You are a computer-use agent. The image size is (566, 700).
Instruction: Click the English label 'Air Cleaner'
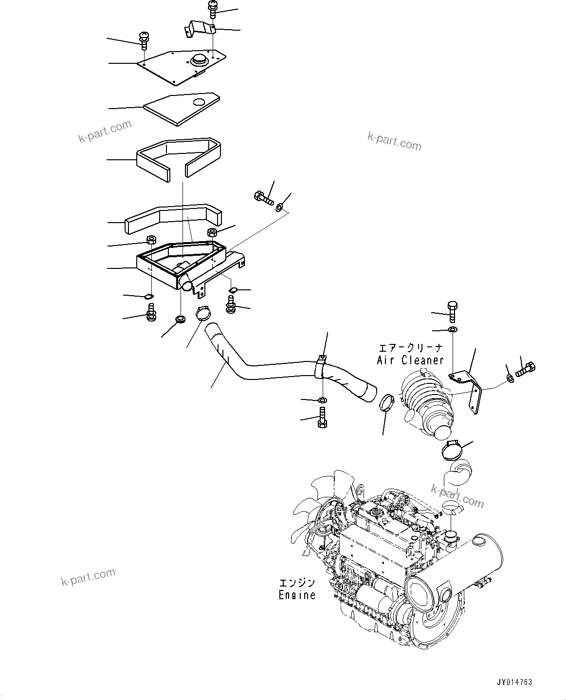[410, 360]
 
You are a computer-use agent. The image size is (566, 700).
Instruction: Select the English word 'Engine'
[297, 595]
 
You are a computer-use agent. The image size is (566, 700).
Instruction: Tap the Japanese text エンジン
[297, 583]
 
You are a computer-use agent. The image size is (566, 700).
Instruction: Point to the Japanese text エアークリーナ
[411, 348]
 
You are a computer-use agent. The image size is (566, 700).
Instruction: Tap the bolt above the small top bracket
[213, 9]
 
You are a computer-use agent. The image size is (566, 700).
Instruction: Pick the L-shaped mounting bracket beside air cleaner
[469, 390]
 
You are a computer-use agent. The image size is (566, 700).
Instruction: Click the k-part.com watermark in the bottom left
[88, 578]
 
